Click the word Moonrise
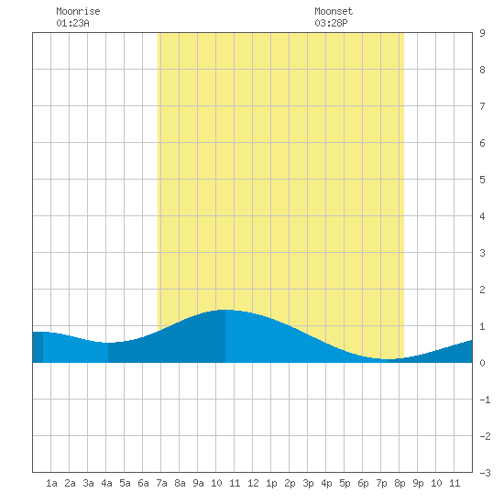point(78,11)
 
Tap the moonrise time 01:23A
point(72,23)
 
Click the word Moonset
point(334,11)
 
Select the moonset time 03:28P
point(331,23)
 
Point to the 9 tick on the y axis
point(482,33)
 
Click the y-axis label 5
point(482,180)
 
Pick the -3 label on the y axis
point(485,473)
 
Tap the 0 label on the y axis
point(482,363)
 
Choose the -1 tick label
point(485,400)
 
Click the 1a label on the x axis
point(51,483)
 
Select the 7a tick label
point(161,483)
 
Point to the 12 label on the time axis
point(253,483)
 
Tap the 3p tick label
point(308,483)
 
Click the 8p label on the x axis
point(400,483)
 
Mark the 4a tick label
point(106,483)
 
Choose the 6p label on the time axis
point(363,483)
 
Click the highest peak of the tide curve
point(225,310)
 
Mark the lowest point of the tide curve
point(389,359)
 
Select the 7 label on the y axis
point(482,106)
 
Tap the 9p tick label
point(418,483)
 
